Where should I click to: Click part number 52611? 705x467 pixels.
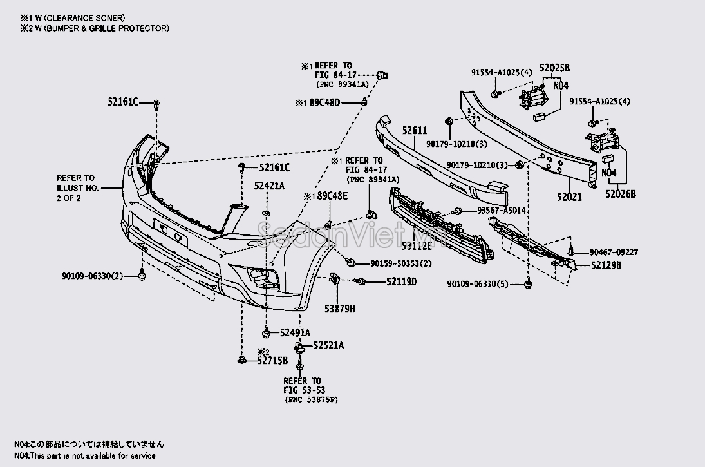(x=415, y=130)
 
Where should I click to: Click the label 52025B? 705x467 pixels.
(x=555, y=68)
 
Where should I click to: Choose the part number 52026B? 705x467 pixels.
(x=619, y=193)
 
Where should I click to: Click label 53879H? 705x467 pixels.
(x=340, y=309)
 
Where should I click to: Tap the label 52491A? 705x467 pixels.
(x=296, y=332)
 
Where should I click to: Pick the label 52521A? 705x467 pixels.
(x=328, y=345)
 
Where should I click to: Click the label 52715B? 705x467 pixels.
(x=272, y=361)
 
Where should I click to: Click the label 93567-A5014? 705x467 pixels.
(x=501, y=211)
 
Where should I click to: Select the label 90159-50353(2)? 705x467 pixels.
(x=400, y=263)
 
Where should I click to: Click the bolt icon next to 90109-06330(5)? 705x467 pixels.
(x=529, y=283)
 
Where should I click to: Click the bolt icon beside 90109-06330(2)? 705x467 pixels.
(x=142, y=276)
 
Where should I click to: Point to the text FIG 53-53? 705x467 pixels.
(x=302, y=390)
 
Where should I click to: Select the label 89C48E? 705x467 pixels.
(x=332, y=196)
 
